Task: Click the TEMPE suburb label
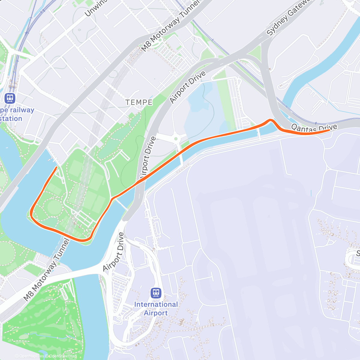click(x=139, y=103)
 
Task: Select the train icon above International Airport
click(x=156, y=293)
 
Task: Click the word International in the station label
click(x=156, y=304)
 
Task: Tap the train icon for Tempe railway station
click(x=10, y=98)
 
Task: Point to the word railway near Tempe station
click(x=22, y=110)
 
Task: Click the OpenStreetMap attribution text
click(x=62, y=356)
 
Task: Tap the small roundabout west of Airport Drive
click(x=176, y=139)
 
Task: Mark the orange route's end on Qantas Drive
click(x=329, y=130)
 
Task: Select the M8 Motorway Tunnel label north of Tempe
click(x=170, y=26)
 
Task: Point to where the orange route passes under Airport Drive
click(x=140, y=181)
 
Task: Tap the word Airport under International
click(x=156, y=313)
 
